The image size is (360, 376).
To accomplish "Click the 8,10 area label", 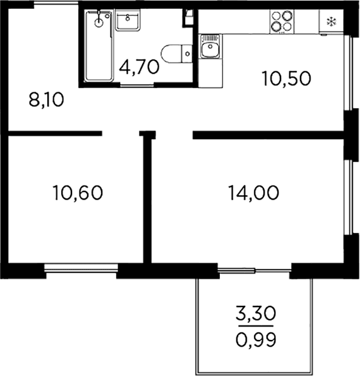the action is click(47, 100).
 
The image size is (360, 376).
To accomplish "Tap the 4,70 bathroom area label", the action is click(139, 67).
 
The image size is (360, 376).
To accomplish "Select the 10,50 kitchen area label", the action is click(287, 78).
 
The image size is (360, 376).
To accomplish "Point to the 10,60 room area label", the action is click(78, 193).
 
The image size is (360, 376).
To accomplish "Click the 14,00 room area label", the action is click(254, 193).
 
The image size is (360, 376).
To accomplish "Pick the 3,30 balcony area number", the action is click(256, 313).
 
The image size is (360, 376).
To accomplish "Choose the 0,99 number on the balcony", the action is click(256, 339).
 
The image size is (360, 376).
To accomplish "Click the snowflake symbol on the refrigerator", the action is click(332, 22).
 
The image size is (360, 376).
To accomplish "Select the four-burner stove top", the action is click(282, 21).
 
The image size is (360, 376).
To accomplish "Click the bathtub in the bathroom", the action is click(99, 45).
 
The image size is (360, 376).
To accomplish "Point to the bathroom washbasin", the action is click(128, 20).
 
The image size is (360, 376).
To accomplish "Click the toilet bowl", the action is click(171, 54).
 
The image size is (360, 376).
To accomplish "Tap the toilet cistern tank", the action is click(187, 54).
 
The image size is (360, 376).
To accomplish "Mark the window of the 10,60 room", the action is click(81, 268).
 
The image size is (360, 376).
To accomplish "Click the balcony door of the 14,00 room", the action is click(255, 270).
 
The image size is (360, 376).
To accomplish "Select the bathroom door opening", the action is click(137, 85).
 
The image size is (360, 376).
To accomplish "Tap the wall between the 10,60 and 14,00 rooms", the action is click(148, 197).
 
